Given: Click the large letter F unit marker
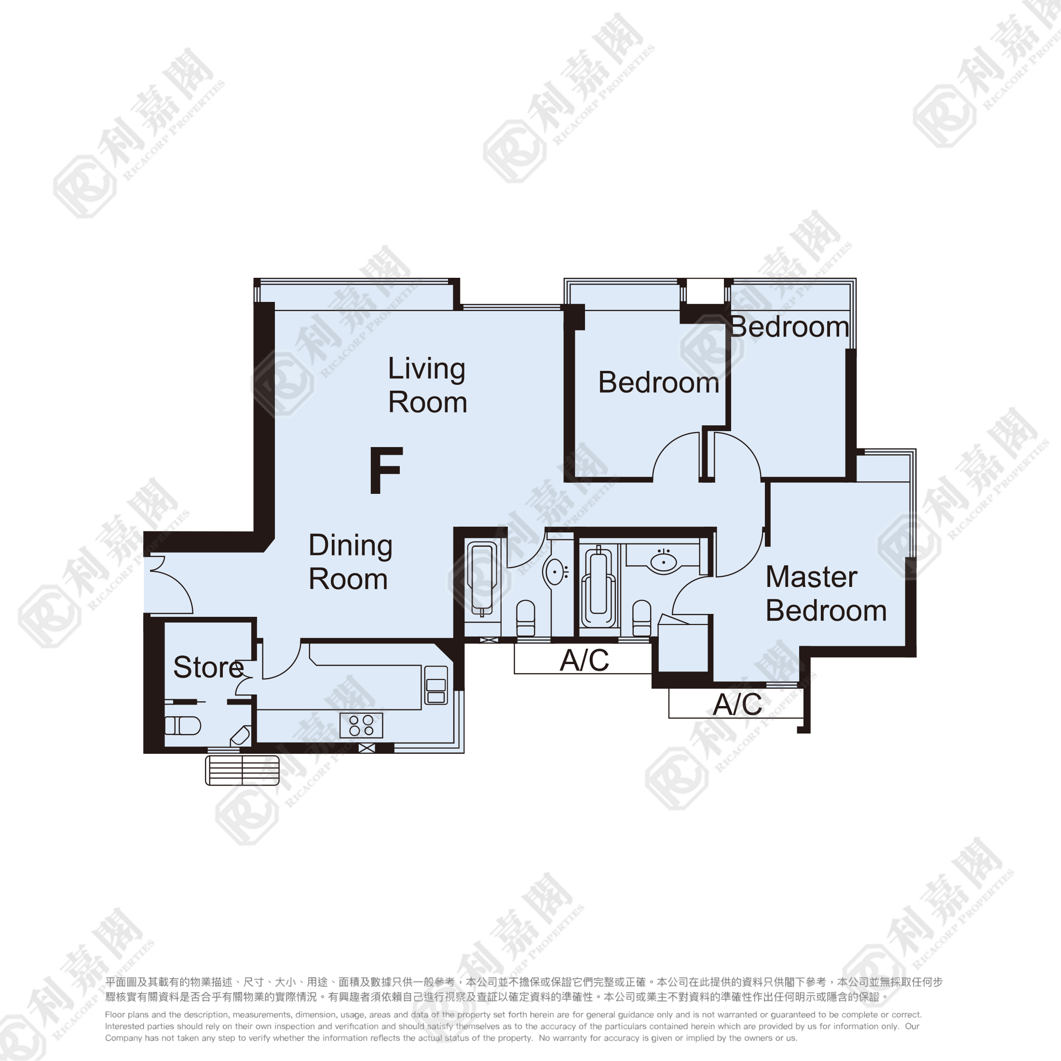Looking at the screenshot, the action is click(386, 470).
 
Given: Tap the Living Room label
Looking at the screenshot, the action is click(427, 385).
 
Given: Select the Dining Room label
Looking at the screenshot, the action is click(351, 562).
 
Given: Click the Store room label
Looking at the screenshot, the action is click(208, 667).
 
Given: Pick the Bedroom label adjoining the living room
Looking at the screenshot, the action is click(658, 382).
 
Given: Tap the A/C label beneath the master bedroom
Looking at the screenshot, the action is click(737, 705).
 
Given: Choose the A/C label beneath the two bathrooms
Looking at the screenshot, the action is click(585, 660).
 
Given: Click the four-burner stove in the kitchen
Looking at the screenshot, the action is click(361, 725).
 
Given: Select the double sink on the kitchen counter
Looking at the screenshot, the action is click(436, 686).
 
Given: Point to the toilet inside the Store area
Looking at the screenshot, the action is click(182, 726).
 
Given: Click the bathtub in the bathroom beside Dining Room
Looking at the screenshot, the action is click(482, 578).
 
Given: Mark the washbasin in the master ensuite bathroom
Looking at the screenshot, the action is click(664, 561).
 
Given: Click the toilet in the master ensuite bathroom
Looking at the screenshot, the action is click(641, 618).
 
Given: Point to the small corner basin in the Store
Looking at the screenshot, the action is click(241, 736).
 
